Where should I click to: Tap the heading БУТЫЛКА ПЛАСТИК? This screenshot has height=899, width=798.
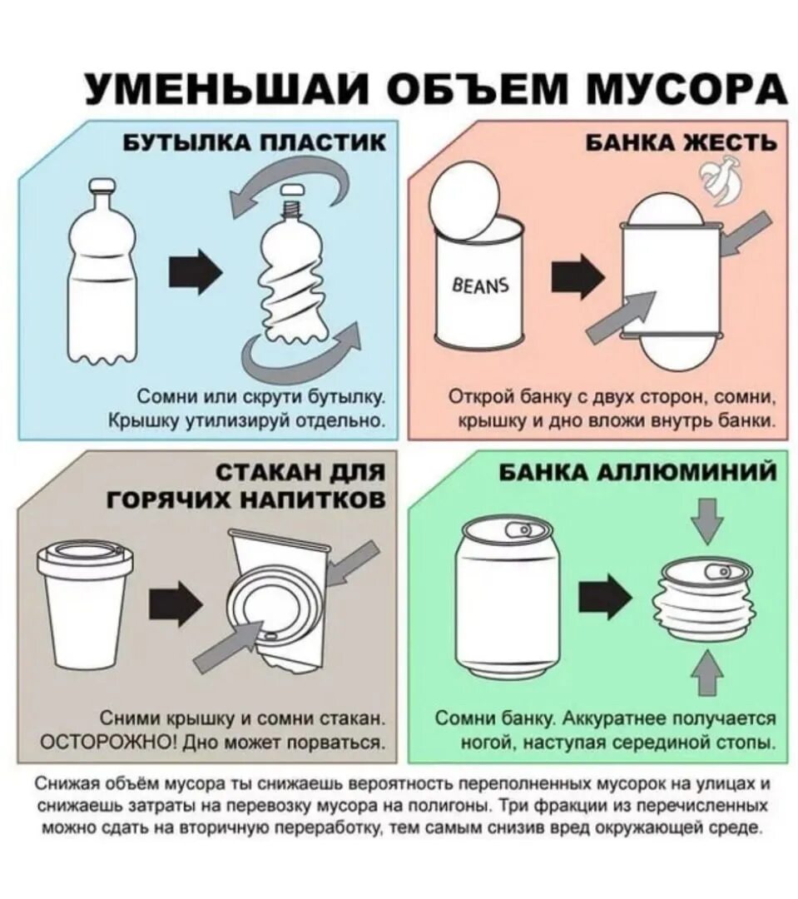pyautogui.click(x=255, y=142)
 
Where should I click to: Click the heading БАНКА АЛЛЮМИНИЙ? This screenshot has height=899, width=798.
pyautogui.click(x=638, y=473)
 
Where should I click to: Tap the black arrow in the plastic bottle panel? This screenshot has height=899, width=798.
pyautogui.click(x=196, y=271)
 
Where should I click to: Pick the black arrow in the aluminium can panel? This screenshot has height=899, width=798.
pyautogui.click(x=604, y=596)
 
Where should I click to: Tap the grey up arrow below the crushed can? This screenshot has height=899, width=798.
pyautogui.click(x=707, y=673)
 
